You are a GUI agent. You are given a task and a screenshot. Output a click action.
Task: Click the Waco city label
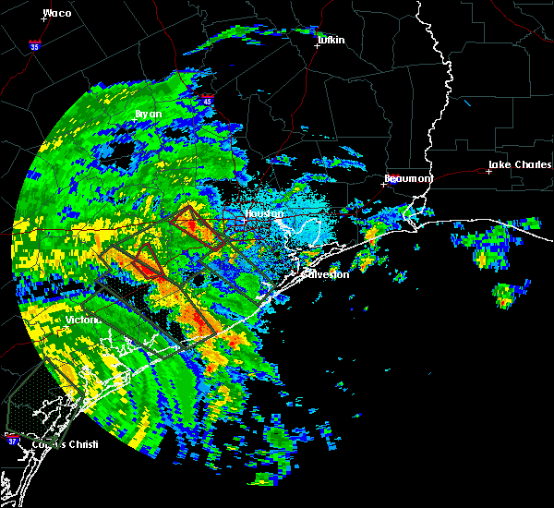pyautogui.click(x=57, y=13)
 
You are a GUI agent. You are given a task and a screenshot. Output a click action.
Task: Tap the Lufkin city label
pyautogui.click(x=330, y=40)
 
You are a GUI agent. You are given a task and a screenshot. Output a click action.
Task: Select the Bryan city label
pyautogui.click(x=148, y=114)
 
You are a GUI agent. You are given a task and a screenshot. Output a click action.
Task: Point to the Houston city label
pyautogui.click(x=260, y=214)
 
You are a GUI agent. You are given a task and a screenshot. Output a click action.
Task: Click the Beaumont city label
pyautogui.click(x=408, y=178)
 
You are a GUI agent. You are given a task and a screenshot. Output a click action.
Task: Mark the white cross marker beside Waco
pyautogui.click(x=43, y=19)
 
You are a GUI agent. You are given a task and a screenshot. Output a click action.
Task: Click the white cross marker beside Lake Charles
pyautogui.click(x=489, y=171)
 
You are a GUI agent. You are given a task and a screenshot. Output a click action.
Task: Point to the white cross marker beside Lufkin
pyautogui.click(x=317, y=45)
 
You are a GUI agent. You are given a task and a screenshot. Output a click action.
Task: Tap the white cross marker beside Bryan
pyautogui.click(x=137, y=121)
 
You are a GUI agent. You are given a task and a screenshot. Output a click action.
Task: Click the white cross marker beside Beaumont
pyautogui.click(x=383, y=184)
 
